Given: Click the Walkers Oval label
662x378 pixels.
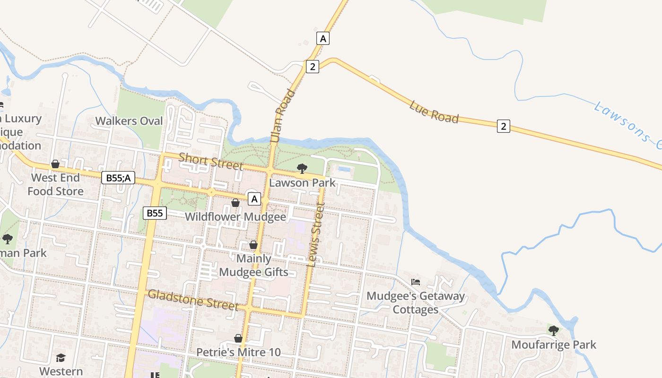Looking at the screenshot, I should [x=129, y=121].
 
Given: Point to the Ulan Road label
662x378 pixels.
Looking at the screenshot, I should [x=283, y=116].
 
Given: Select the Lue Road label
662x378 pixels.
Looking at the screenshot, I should [x=434, y=112].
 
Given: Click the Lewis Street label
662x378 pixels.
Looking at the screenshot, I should [x=316, y=235].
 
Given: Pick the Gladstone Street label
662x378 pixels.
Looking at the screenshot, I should [x=193, y=300].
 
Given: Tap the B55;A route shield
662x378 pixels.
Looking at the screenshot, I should [x=118, y=178].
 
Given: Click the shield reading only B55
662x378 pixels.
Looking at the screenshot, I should [x=155, y=213].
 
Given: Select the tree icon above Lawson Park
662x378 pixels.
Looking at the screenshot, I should [x=302, y=169].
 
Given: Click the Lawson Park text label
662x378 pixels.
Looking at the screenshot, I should [x=302, y=182].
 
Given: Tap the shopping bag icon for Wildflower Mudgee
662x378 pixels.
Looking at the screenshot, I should [x=235, y=203].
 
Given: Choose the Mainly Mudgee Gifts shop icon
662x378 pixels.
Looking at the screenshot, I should [x=253, y=245].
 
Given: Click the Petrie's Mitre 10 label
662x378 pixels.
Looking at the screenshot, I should [x=238, y=352].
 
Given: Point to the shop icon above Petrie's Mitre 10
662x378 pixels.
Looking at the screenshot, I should [x=238, y=338].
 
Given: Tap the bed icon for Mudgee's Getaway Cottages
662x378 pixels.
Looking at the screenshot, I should [x=416, y=282].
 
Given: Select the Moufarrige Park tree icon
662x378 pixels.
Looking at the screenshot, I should [x=553, y=330].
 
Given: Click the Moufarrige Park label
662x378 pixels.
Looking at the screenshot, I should [x=554, y=344].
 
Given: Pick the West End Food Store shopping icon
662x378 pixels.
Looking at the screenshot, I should [x=55, y=164].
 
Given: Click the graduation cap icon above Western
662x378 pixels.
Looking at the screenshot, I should [x=61, y=358].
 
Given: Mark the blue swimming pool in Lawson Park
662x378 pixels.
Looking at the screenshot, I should [x=344, y=169].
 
